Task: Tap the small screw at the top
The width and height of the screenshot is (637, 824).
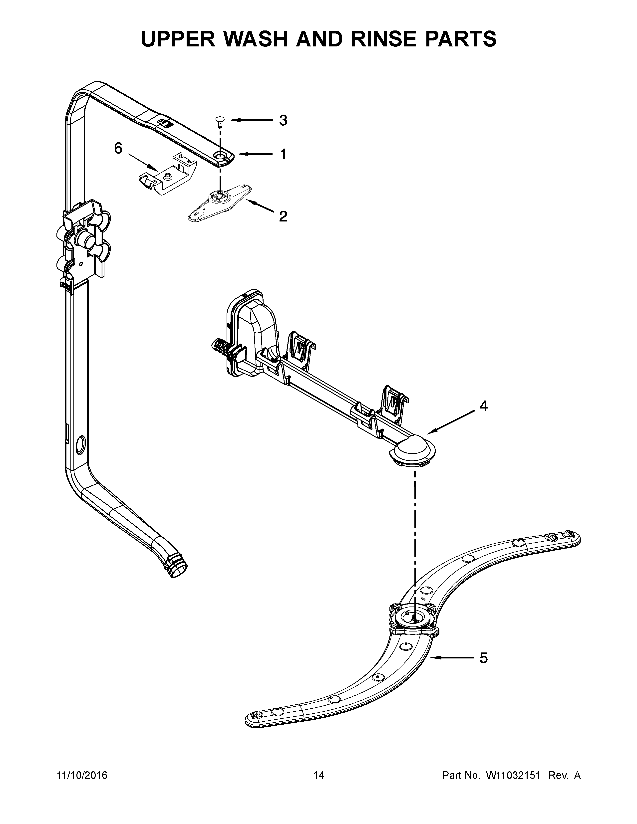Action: tap(219, 120)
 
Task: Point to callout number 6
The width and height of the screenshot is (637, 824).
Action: tap(118, 149)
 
